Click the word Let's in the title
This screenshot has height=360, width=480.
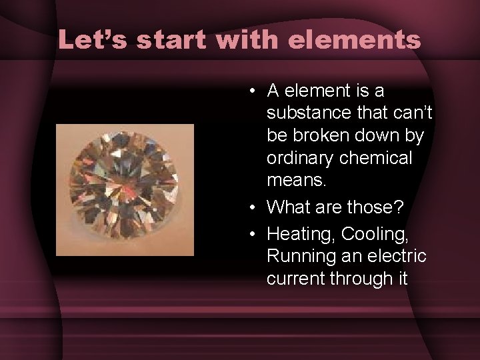click(x=92, y=39)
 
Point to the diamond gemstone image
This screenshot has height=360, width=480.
click(x=125, y=189)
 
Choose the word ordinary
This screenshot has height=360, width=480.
click(x=301, y=159)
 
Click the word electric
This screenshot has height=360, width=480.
click(x=399, y=256)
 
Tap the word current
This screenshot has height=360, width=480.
click(x=295, y=279)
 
